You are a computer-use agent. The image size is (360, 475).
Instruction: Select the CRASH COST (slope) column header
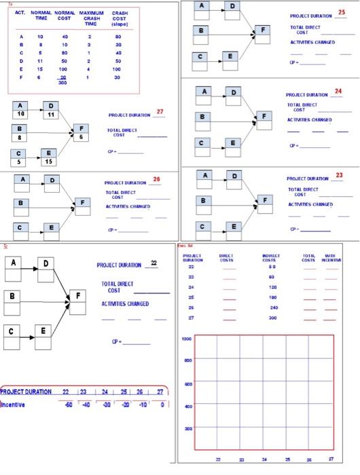pyautogui.click(x=120, y=18)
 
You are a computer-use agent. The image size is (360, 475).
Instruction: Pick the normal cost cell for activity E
pyautogui.click(x=63, y=69)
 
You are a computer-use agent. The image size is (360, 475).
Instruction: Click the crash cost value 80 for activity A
pyautogui.click(x=118, y=37)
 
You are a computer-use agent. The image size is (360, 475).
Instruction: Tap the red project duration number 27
pyautogui.click(x=160, y=111)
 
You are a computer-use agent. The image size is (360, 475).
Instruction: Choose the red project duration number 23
pyautogui.click(x=339, y=176)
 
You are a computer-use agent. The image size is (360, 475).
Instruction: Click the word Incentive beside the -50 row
pyautogui.click(x=14, y=404)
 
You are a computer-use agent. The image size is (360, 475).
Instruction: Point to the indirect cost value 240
pyautogui.click(x=274, y=307)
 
